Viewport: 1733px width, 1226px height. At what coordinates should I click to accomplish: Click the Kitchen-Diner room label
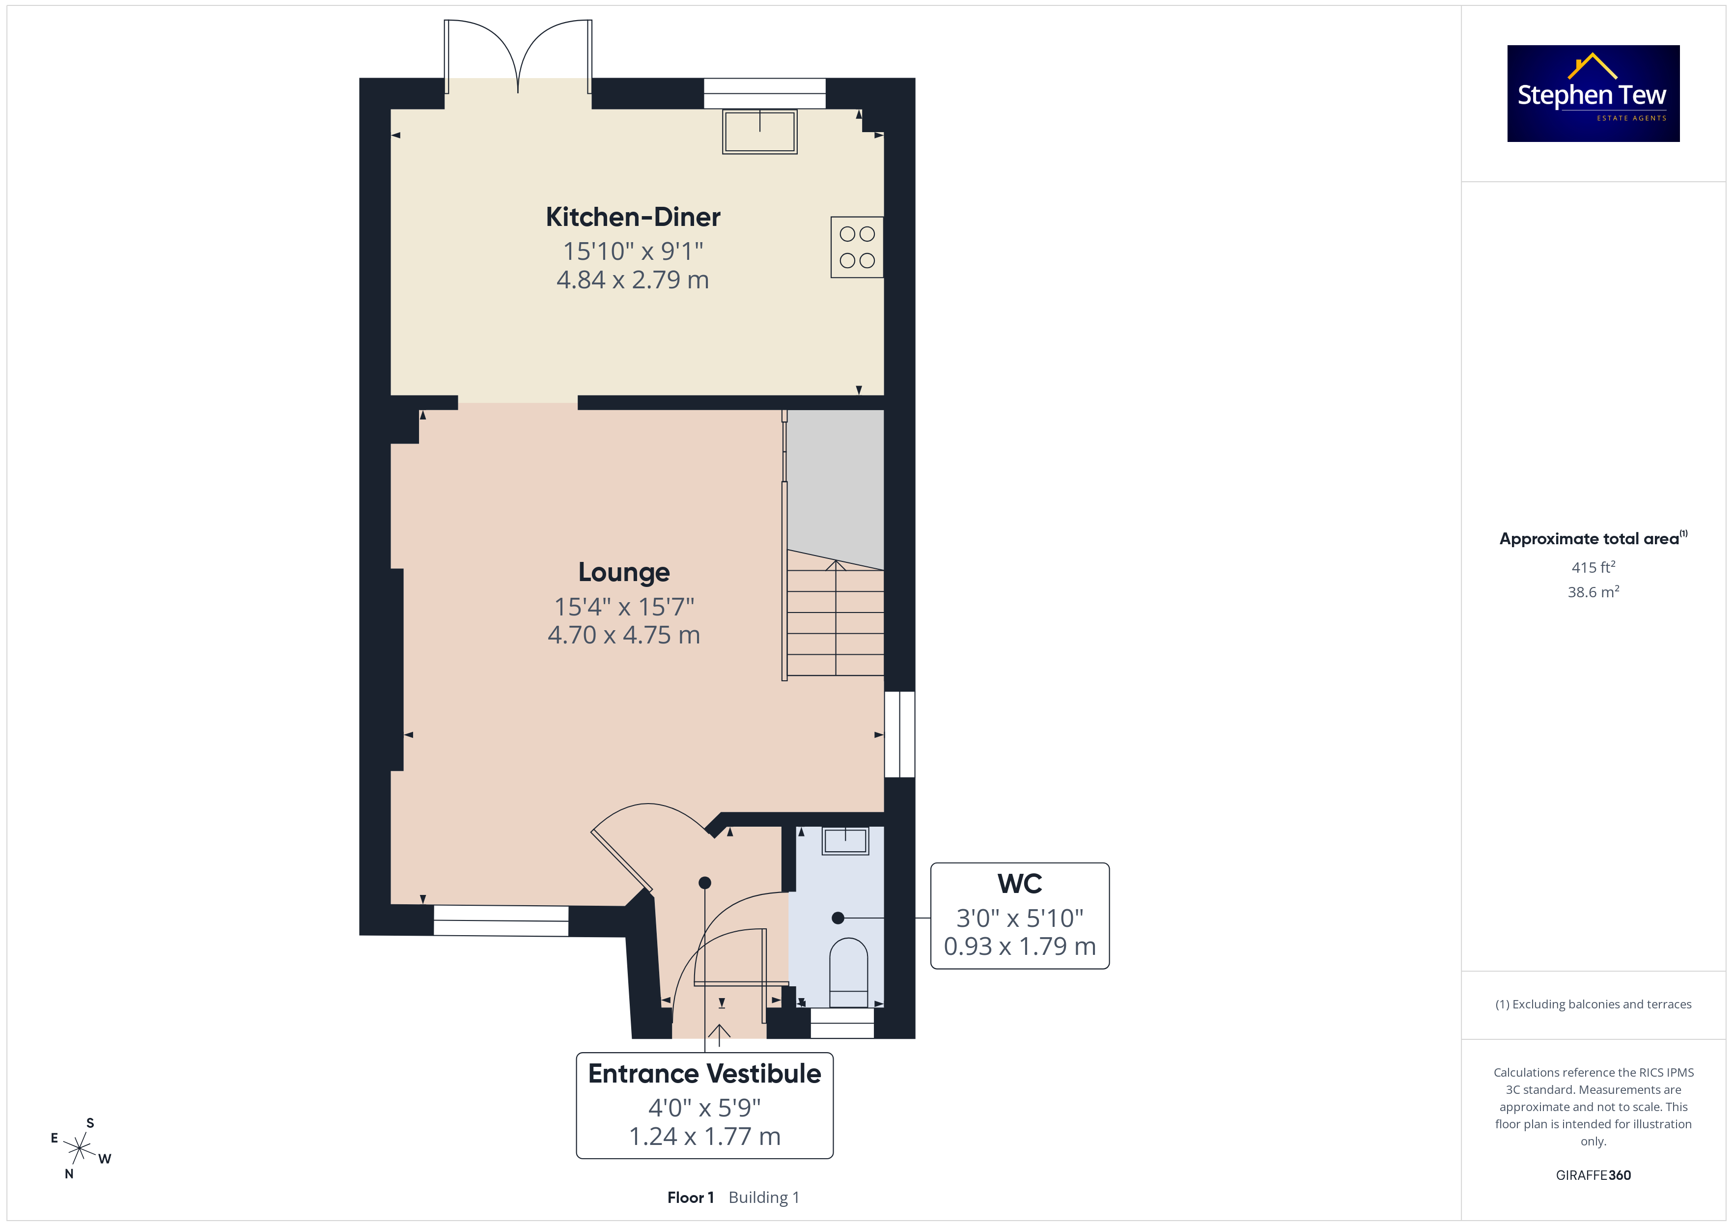coord(633,218)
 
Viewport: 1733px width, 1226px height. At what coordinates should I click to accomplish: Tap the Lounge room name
coord(623,572)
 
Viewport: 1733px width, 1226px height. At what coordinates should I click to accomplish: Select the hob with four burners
coord(857,247)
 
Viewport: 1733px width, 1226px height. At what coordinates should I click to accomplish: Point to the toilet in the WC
coord(848,973)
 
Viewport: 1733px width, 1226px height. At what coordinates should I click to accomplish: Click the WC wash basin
coord(845,840)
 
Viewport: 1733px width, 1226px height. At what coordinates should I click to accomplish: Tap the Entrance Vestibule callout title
coord(704,1074)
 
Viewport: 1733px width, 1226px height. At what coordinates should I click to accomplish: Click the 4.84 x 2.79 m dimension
coord(633,280)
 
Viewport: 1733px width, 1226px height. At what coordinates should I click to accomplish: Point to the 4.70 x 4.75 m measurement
coord(623,635)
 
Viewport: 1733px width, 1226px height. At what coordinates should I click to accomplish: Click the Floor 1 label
coord(690,1198)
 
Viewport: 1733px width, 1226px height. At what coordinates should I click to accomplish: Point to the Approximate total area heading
coord(1593,538)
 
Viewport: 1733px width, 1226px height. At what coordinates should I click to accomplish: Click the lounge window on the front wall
coord(501,921)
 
